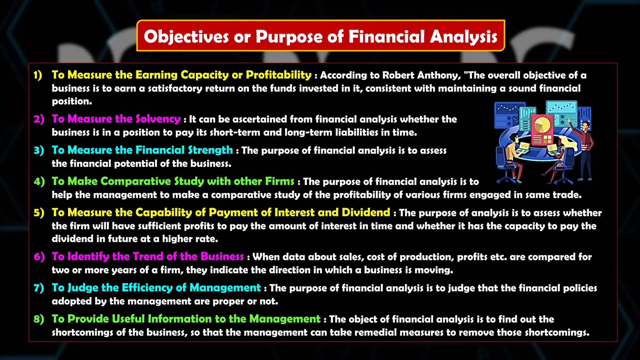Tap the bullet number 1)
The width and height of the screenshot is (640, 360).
click(x=38, y=75)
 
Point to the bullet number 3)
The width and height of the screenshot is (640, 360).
click(x=39, y=150)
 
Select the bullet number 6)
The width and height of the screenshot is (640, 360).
click(x=39, y=257)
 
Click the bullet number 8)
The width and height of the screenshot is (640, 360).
click(x=39, y=319)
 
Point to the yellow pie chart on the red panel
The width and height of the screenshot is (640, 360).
click(x=542, y=124)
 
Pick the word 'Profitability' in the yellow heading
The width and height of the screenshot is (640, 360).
click(x=278, y=75)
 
